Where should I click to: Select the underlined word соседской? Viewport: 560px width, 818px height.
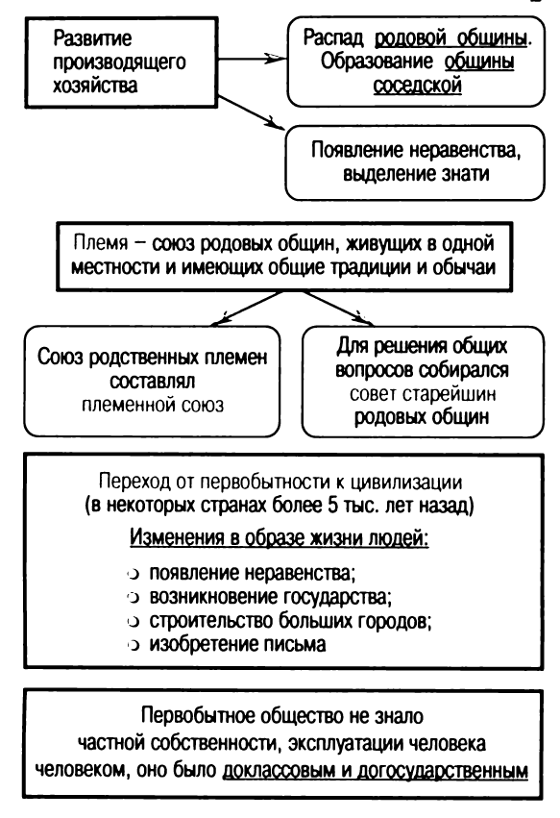click(422, 86)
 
